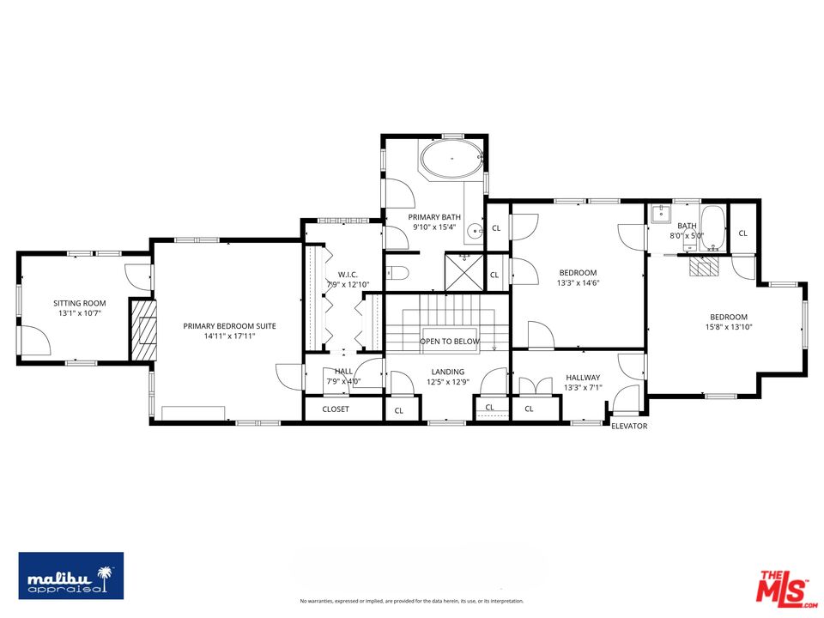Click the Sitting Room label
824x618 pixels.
(79, 303)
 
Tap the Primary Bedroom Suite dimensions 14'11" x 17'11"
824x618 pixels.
(229, 336)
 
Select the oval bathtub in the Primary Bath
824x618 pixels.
(452, 158)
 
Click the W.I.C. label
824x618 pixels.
(348, 275)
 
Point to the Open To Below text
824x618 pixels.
(450, 342)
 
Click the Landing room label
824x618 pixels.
(448, 372)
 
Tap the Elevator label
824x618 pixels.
(629, 426)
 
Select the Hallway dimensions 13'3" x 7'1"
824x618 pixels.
(583, 388)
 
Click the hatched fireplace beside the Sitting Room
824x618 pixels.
(143, 330)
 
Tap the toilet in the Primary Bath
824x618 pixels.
(397, 273)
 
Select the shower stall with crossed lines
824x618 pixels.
(464, 272)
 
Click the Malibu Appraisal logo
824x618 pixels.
(71, 575)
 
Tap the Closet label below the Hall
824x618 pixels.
(336, 409)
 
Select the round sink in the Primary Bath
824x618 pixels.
(476, 230)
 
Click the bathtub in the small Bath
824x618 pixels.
(713, 229)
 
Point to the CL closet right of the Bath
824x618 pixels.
(742, 233)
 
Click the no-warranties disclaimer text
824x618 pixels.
(411, 601)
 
